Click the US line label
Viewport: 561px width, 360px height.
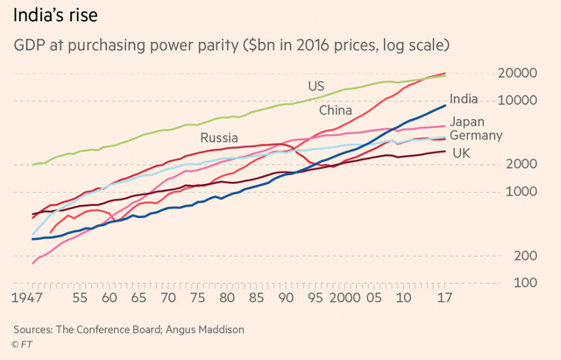(316, 86)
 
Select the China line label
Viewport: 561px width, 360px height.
(335, 111)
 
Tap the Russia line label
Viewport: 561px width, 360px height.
(218, 138)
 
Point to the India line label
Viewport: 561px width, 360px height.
(464, 100)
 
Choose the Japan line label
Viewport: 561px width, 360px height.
(467, 122)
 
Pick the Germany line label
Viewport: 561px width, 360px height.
(475, 136)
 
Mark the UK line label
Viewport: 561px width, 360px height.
(461, 153)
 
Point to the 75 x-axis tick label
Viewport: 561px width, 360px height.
(196, 299)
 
